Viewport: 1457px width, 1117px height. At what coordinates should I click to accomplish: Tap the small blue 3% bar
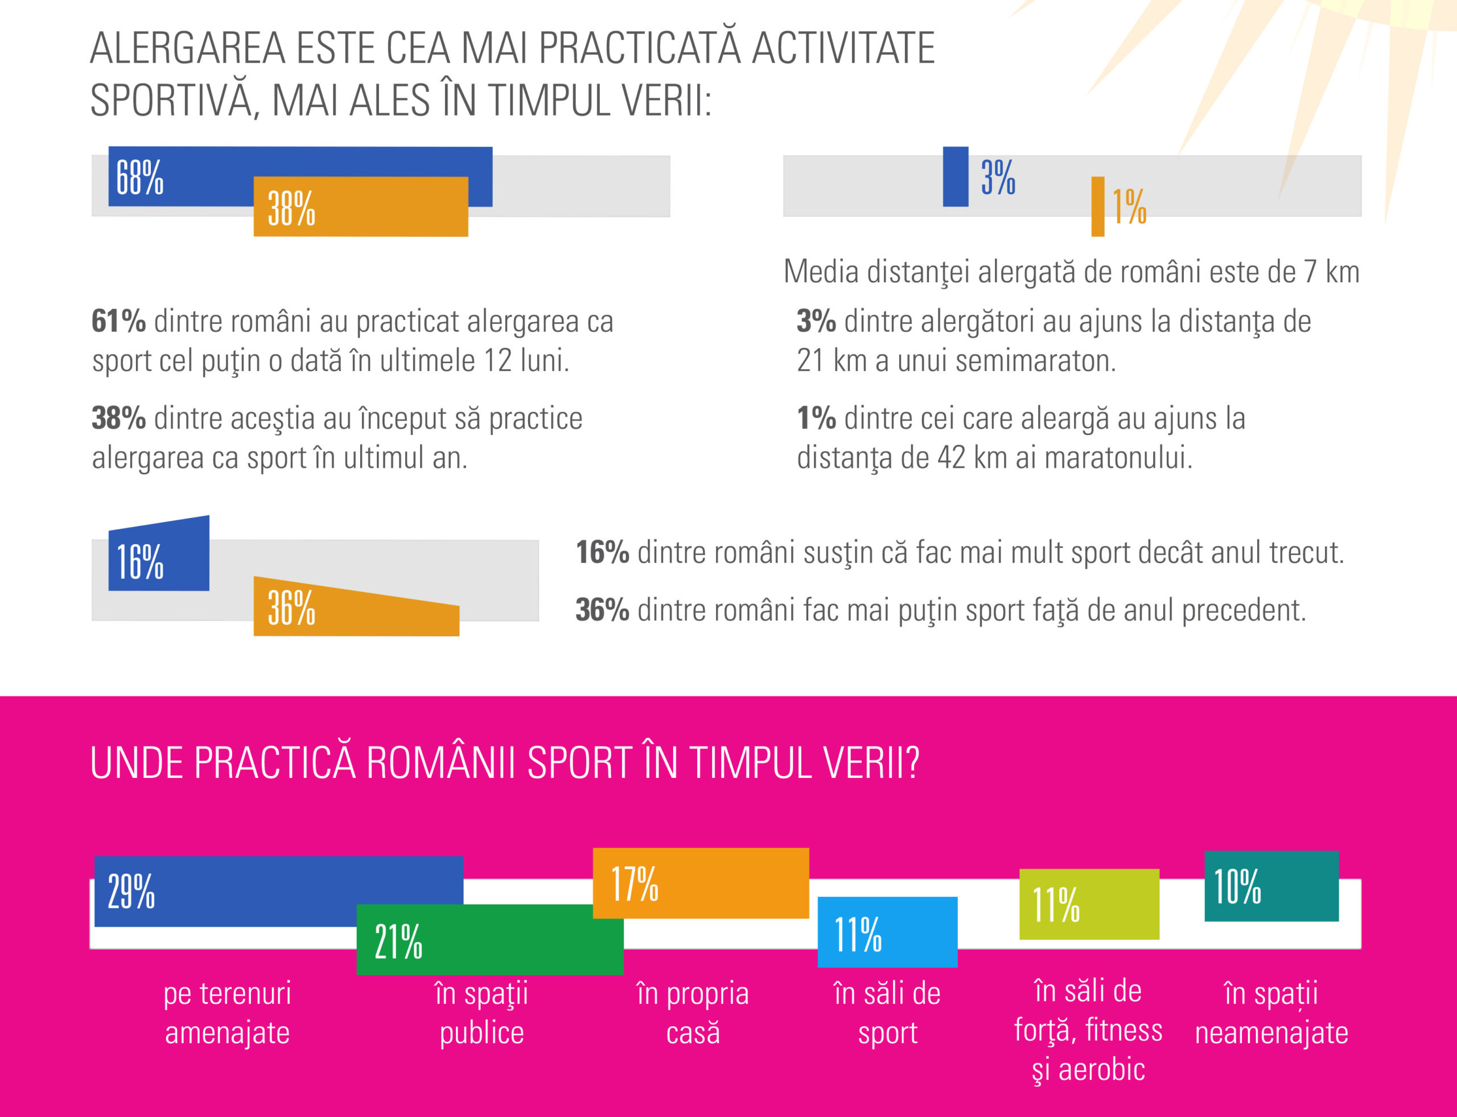click(x=955, y=176)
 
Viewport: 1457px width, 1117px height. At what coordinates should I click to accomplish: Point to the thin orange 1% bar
click(x=1097, y=206)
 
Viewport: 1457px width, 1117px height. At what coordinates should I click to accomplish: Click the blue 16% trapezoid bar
click(x=159, y=555)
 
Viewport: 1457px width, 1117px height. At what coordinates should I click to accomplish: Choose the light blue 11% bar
click(x=887, y=931)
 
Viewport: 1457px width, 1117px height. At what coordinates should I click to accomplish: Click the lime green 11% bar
click(x=1089, y=904)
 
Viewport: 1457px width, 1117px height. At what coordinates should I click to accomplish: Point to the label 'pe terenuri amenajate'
click(x=228, y=1013)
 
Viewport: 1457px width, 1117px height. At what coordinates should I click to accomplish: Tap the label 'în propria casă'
click(x=693, y=1013)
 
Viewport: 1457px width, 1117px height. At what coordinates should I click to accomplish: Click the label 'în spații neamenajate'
click(x=1271, y=1013)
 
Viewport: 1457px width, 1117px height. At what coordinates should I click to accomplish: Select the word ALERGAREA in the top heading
click(x=187, y=48)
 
